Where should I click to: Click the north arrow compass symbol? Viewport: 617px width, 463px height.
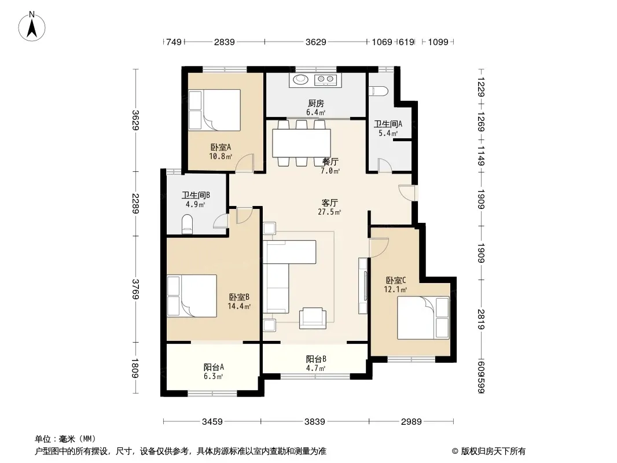(32, 27)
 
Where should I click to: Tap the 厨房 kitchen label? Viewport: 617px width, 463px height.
(315, 104)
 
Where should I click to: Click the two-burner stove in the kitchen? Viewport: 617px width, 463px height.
(326, 80)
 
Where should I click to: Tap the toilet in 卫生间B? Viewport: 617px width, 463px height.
(188, 224)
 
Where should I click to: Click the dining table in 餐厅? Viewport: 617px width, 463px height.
(302, 143)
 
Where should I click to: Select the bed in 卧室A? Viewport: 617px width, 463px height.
(215, 110)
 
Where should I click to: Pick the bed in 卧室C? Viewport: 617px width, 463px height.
(423, 318)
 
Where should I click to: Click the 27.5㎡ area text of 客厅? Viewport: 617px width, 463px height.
(329, 212)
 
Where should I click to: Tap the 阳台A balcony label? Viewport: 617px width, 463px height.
(214, 368)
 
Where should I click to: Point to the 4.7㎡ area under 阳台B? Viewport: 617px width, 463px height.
(316, 369)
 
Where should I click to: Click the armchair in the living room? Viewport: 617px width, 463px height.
(313, 318)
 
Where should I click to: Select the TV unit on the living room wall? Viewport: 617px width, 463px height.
(363, 285)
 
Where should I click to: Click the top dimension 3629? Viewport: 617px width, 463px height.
(315, 42)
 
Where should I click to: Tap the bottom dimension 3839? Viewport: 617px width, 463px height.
(315, 422)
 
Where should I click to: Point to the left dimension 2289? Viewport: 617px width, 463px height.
(135, 203)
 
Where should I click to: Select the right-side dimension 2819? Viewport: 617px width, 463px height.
(481, 319)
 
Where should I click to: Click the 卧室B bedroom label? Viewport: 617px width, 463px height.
(239, 297)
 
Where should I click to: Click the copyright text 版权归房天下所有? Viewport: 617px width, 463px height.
(493, 451)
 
